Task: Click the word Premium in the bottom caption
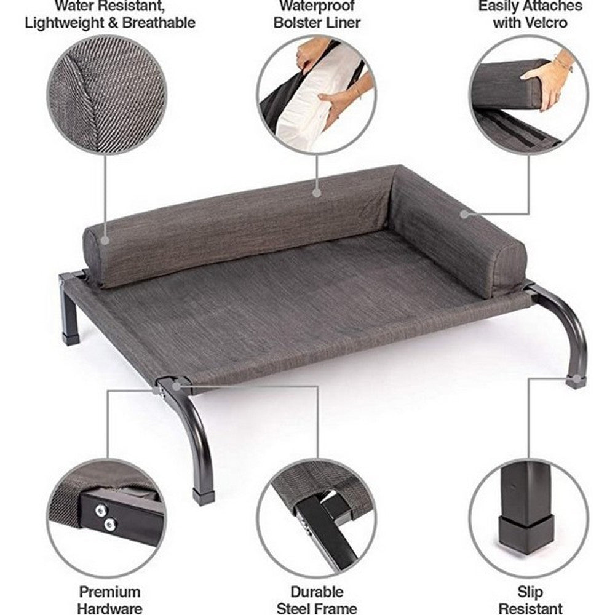pos(109,592)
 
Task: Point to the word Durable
pos(317,592)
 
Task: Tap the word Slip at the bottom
pos(530,592)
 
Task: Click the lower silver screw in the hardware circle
pos(110,523)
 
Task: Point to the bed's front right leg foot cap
pos(576,381)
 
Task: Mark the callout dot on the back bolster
pos(317,192)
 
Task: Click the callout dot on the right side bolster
pos(465,214)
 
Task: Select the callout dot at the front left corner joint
pos(177,386)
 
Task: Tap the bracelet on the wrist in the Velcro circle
pos(562,61)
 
